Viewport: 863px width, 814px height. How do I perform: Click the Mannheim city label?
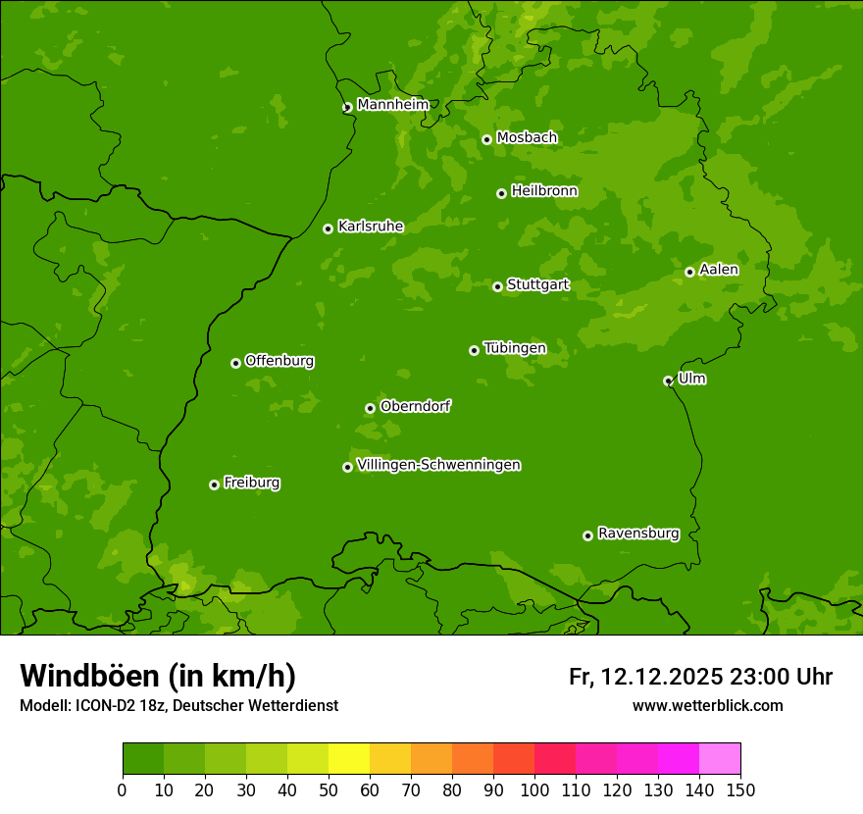click(x=393, y=105)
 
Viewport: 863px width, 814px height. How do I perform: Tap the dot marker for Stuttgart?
click(x=497, y=286)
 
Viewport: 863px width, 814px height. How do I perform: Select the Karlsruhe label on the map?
click(x=371, y=227)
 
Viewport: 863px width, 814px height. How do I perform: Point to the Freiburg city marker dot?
click(x=214, y=484)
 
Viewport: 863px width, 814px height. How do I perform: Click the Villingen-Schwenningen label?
click(x=438, y=465)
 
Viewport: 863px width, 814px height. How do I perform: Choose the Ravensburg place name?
click(x=638, y=534)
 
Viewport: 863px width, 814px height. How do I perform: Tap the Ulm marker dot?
click(x=668, y=381)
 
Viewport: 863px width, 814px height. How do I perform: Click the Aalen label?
click(x=719, y=270)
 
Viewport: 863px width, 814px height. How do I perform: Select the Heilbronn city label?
click(x=544, y=191)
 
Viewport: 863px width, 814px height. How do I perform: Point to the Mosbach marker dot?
click(x=486, y=139)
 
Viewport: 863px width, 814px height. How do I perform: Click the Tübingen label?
click(x=515, y=348)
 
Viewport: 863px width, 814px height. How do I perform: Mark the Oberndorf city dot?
click(x=370, y=408)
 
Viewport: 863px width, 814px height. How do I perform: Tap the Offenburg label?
click(x=279, y=361)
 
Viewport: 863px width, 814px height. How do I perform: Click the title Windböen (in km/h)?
click(x=158, y=676)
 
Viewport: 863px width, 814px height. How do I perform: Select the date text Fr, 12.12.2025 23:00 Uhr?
click(x=700, y=677)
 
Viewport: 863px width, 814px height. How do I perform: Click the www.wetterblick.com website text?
click(x=707, y=705)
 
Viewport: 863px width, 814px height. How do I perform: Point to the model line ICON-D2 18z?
click(x=178, y=705)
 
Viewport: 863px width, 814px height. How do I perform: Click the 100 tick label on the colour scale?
click(x=534, y=789)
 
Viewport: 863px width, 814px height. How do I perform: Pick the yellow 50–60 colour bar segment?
click(x=349, y=759)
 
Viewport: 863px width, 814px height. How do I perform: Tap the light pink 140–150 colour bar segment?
click(x=720, y=759)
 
